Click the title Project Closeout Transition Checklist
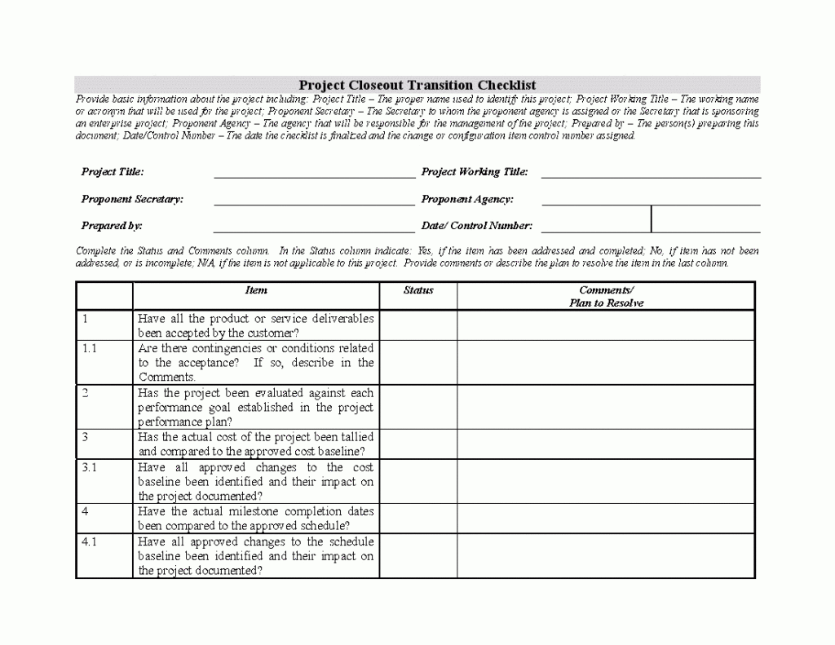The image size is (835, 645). [417, 85]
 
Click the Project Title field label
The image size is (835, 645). [113, 172]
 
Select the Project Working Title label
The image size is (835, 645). [475, 172]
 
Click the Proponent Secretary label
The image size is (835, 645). [132, 199]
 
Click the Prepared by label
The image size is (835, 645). [112, 226]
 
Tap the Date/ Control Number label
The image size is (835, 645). [477, 226]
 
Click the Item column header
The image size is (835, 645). [256, 290]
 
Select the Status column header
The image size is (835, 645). [418, 290]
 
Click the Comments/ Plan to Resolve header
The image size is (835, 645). [606, 296]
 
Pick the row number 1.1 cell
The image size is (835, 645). [104, 362]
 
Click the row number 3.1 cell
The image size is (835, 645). [104, 481]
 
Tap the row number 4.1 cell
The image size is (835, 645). [104, 555]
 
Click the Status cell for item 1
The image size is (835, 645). [418, 325]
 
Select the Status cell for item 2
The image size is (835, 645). [418, 407]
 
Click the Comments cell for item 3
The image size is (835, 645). [606, 444]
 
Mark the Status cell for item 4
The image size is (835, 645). [418, 518]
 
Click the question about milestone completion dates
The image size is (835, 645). [256, 519]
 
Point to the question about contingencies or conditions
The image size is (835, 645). [256, 362]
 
